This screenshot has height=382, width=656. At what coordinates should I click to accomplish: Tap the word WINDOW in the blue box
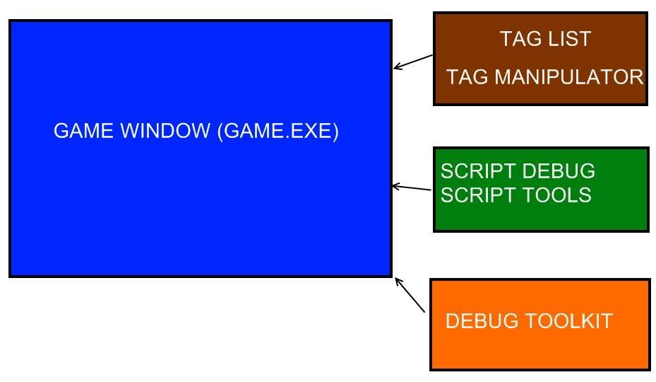point(165,130)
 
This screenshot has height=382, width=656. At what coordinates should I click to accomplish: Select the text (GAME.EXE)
point(278,131)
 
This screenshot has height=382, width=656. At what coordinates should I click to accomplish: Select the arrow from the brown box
point(413,62)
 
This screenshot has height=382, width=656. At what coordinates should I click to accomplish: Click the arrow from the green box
point(412,187)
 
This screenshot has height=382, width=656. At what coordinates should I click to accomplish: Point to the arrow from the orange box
point(410,295)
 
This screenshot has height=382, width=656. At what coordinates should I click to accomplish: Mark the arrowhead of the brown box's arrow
point(394,67)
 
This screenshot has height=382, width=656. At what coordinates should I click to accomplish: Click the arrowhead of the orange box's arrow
point(395,279)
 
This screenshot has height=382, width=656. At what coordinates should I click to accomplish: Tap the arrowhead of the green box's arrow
point(393,186)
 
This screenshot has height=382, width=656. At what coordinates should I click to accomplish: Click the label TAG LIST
point(545,39)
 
